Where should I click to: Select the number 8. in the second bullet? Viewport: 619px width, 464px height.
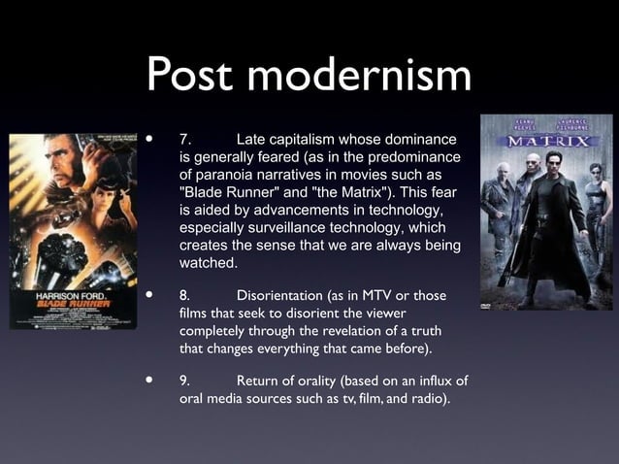point(184,295)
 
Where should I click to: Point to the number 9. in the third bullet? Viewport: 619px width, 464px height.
point(185,381)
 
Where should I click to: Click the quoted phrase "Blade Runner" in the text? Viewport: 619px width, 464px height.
point(226,192)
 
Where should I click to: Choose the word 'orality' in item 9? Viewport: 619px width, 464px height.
point(327,381)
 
